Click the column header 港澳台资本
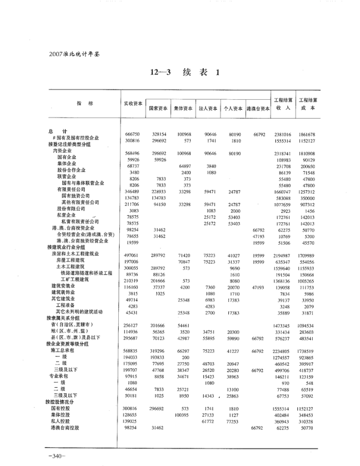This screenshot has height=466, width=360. pyautogui.click(x=258, y=109)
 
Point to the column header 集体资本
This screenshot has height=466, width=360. pyautogui.click(x=183, y=109)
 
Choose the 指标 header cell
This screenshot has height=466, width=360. pyautogui.click(x=82, y=103)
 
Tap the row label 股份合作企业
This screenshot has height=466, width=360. pyautogui.click(x=71, y=170)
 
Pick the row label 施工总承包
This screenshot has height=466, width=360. pyautogui.click(x=63, y=350)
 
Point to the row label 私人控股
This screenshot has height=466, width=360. pyautogui.click(x=61, y=420)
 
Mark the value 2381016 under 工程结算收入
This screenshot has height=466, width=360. pyautogui.click(x=283, y=134)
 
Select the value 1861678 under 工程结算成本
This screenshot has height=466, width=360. pyautogui.click(x=308, y=134)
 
